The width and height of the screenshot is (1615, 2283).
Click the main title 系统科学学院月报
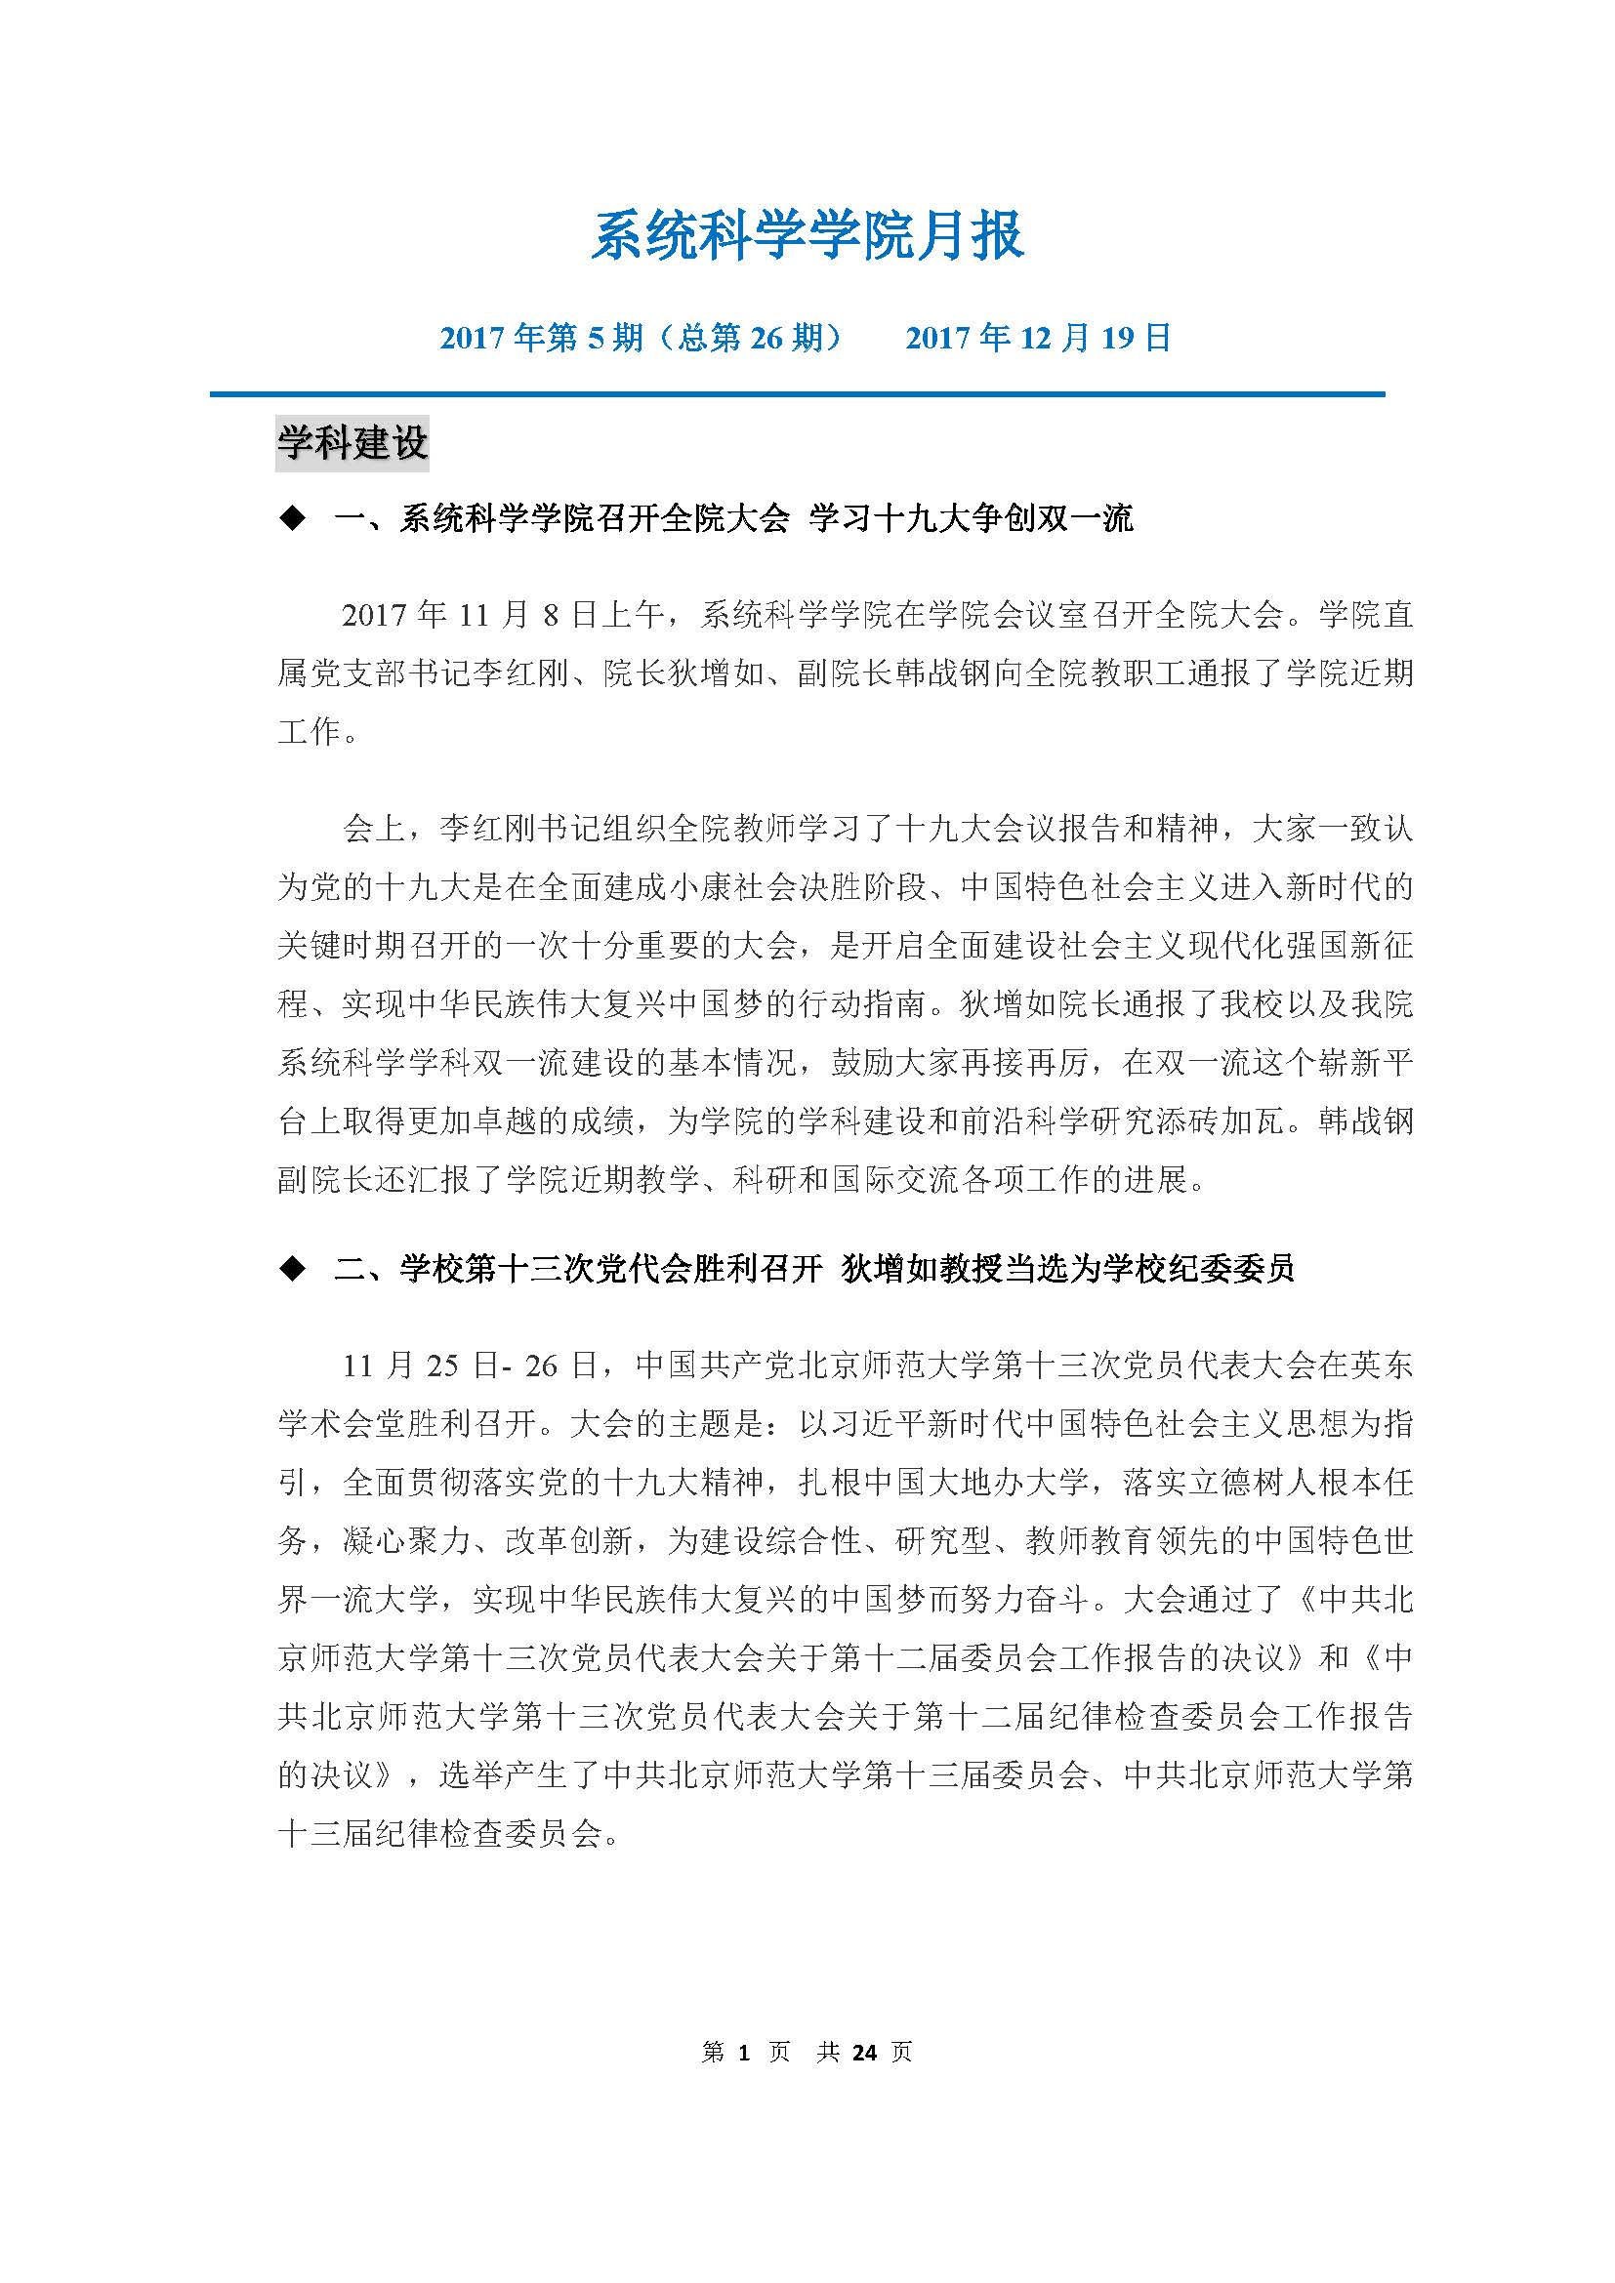click(x=807, y=236)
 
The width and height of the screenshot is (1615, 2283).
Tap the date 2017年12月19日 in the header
click(x=1038, y=339)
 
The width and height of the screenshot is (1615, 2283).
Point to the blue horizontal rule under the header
click(x=797, y=394)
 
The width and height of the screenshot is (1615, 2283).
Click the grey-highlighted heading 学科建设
click(x=352, y=442)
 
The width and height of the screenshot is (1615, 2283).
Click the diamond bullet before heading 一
click(x=292, y=519)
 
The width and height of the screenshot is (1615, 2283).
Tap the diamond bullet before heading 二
click(x=292, y=1269)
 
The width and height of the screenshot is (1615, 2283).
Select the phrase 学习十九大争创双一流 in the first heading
click(x=971, y=519)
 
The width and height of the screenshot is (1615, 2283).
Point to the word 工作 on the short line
click(x=310, y=732)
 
